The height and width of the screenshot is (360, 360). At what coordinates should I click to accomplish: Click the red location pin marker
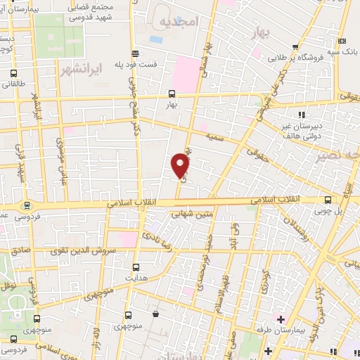tap(181, 165)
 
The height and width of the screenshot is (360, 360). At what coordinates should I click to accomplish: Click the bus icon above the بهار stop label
tap(172, 93)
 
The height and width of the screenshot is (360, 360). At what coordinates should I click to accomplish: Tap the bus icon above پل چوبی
tap(327, 200)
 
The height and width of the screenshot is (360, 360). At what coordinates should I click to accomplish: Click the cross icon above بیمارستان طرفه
tap(281, 319)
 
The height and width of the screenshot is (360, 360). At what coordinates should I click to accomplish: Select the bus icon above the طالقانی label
tap(13, 74)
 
